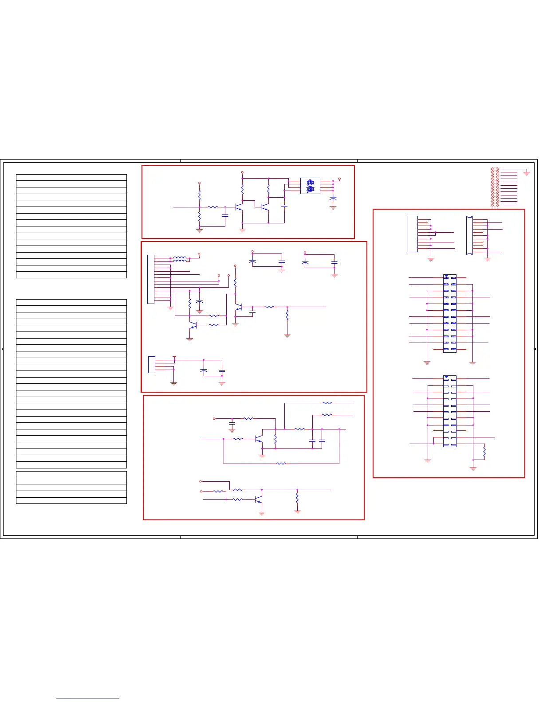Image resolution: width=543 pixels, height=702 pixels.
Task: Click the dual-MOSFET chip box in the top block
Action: [310, 186]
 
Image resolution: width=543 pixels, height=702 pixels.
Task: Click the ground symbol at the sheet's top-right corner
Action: [527, 173]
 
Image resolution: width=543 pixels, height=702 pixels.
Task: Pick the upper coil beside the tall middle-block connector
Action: [180, 257]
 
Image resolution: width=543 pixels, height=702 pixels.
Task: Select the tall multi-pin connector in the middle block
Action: [151, 279]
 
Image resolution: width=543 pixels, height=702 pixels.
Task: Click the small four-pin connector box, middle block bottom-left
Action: [152, 364]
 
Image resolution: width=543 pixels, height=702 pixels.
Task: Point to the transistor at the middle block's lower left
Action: [193, 325]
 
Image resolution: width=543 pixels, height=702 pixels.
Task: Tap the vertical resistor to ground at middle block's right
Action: [287, 315]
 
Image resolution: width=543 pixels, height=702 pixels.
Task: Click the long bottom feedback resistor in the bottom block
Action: [281, 464]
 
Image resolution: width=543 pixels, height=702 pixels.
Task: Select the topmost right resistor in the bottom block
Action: [327, 403]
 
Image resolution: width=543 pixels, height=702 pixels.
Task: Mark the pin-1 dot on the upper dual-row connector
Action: [446, 276]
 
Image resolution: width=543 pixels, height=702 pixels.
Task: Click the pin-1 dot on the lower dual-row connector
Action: [446, 377]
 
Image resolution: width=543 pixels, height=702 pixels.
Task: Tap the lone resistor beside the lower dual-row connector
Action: [484, 452]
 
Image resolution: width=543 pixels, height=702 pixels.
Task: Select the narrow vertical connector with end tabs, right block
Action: [469, 235]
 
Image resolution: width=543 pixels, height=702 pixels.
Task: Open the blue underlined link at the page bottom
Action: [88, 698]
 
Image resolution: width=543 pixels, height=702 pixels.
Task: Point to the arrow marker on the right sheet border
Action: [536, 349]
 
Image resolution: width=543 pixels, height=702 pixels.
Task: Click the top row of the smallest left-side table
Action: [71, 474]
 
